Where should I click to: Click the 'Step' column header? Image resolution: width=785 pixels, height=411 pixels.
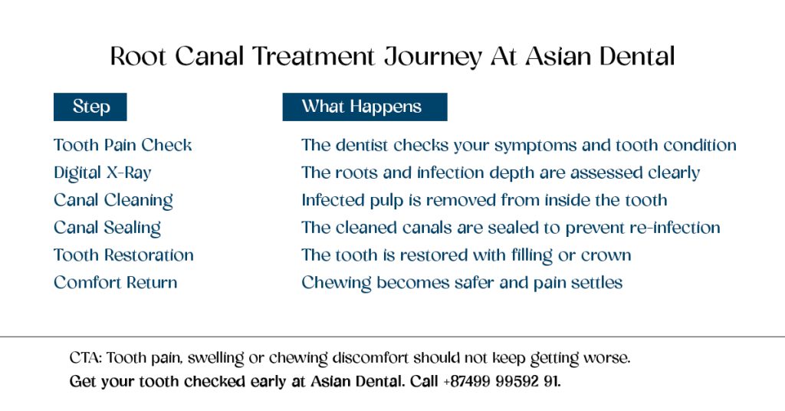tap(90, 107)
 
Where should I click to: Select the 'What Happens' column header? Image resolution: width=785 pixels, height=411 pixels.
tap(362, 107)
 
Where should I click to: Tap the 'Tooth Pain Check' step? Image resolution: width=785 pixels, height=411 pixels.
tap(123, 145)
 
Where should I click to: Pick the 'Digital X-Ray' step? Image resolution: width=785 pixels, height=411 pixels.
tap(102, 173)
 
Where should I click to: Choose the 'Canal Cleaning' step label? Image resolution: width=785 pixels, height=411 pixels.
tap(113, 200)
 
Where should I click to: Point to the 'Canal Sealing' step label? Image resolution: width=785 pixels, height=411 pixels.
tap(107, 228)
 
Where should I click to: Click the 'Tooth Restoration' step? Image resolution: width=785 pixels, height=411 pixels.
tap(123, 255)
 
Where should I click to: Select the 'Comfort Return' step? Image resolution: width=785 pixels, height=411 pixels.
tap(116, 282)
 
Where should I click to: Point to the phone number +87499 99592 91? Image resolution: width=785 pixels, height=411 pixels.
tap(501, 381)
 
